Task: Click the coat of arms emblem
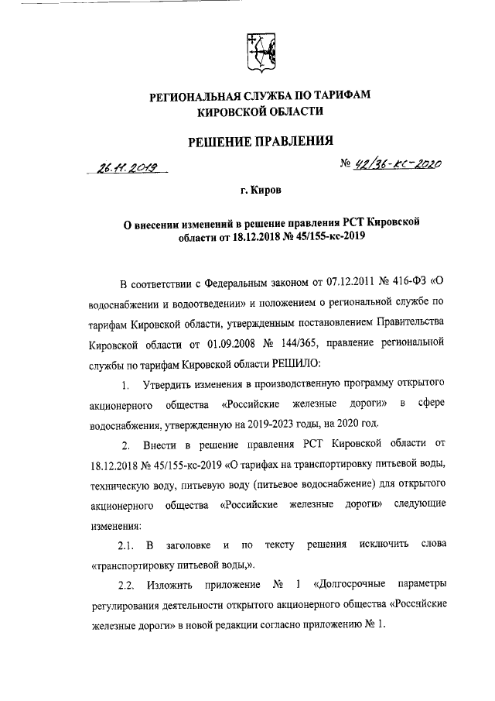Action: click(x=260, y=52)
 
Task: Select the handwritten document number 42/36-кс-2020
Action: click(x=397, y=163)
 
